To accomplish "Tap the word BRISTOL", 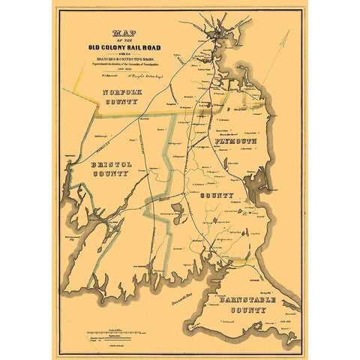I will coord(111,163).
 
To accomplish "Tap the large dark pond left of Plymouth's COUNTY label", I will coord(177,209).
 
